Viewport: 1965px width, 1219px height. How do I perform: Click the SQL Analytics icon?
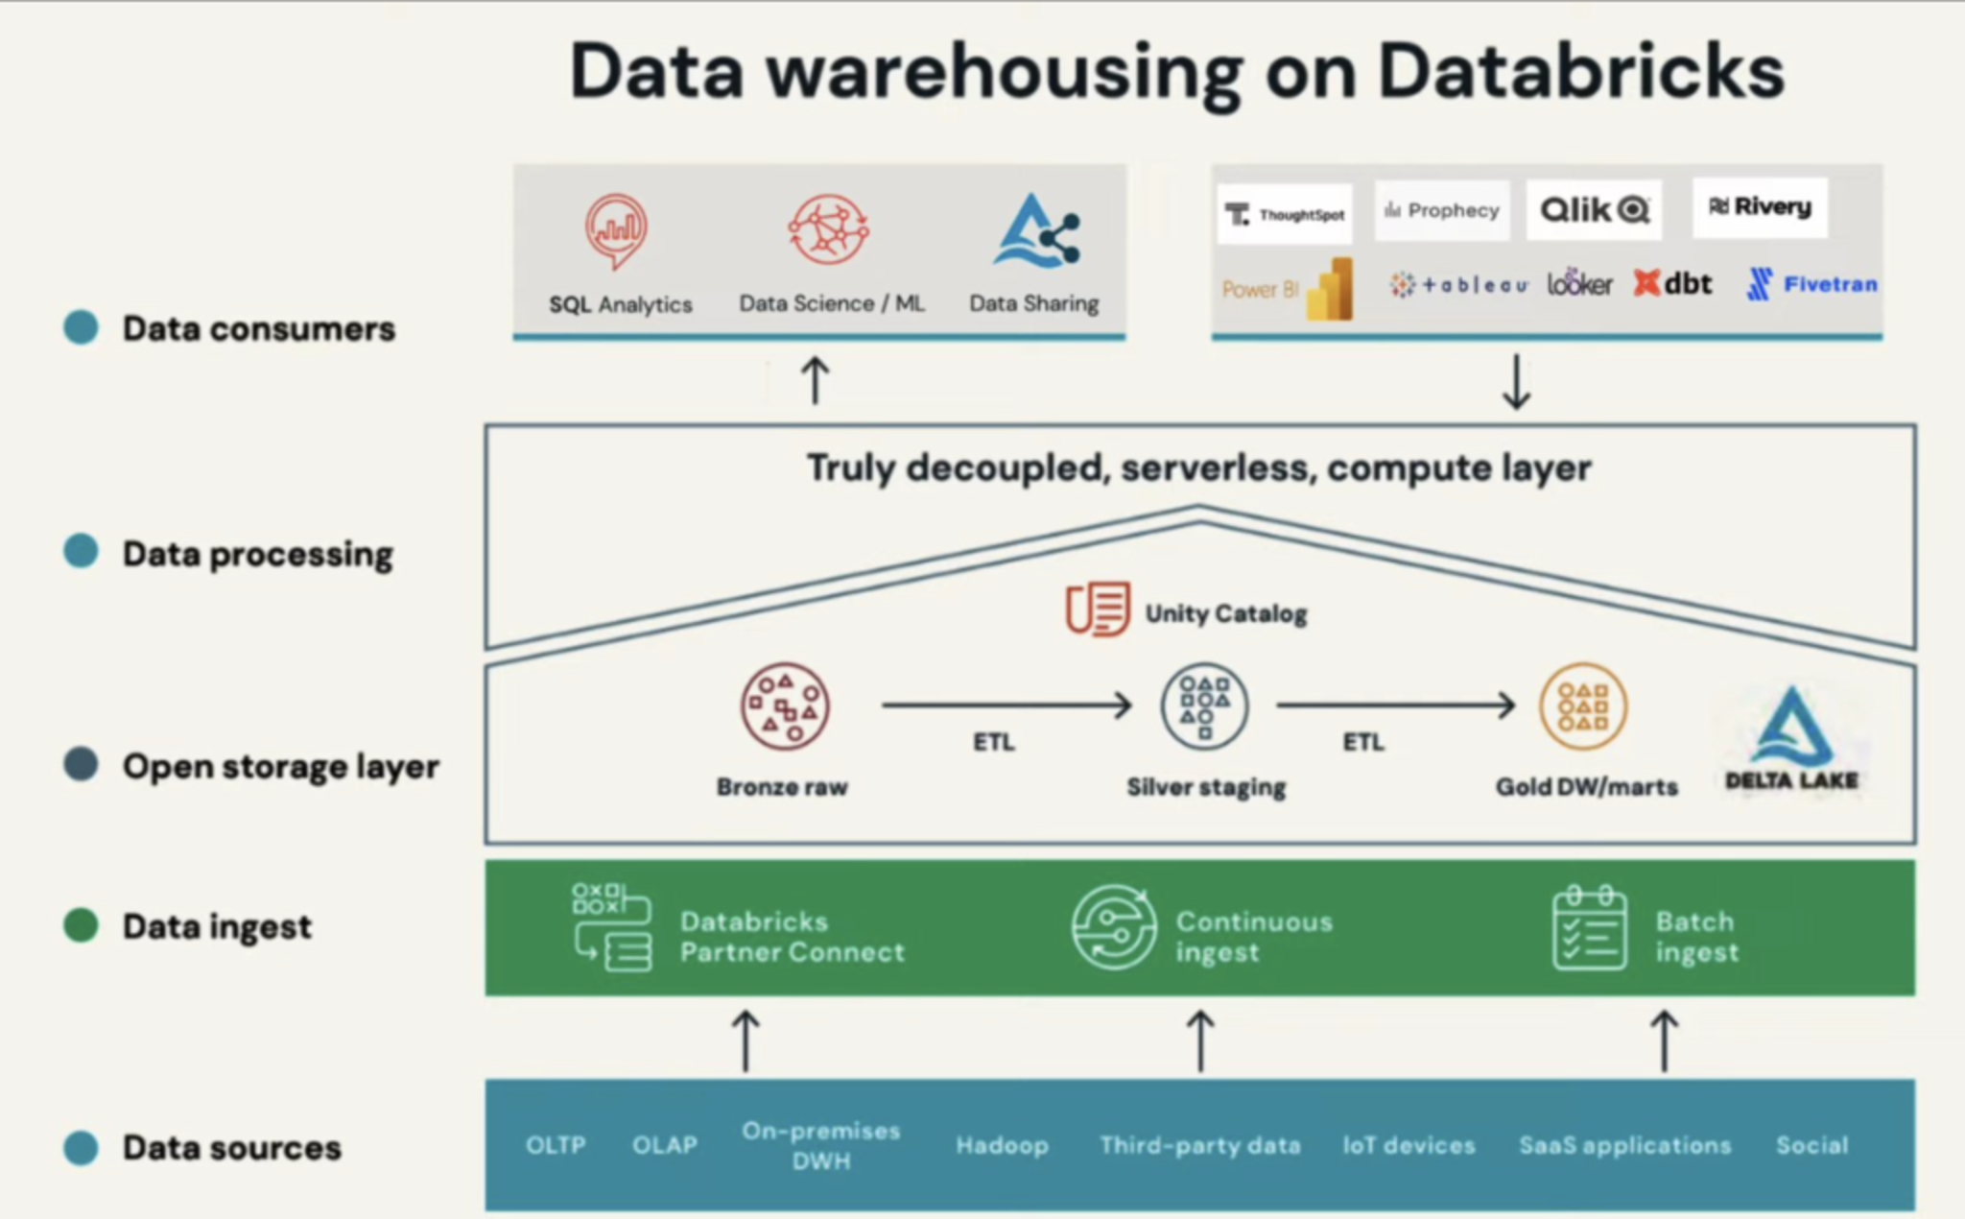pyautogui.click(x=616, y=230)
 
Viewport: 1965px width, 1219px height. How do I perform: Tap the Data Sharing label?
pyautogui.click(x=1033, y=303)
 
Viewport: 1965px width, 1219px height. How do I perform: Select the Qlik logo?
pyautogui.click(x=1594, y=209)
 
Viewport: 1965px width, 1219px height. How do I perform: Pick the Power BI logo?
pyautogui.click(x=1288, y=288)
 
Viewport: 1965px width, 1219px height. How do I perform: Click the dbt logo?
pyautogui.click(x=1672, y=284)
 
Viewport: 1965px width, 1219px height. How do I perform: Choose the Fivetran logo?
pyautogui.click(x=1811, y=284)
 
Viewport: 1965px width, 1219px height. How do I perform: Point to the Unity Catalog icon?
pyautogui.click(x=1098, y=609)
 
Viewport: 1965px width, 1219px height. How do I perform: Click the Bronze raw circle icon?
pyautogui.click(x=785, y=706)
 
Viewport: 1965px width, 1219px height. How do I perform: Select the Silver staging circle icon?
pyautogui.click(x=1204, y=706)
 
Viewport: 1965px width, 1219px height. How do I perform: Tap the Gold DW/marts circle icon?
pyautogui.click(x=1583, y=706)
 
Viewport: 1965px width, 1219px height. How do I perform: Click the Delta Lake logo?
pyautogui.click(x=1791, y=739)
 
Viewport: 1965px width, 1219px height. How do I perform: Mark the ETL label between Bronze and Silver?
pyautogui.click(x=993, y=742)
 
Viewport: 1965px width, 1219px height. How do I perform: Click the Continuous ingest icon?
pyautogui.click(x=1113, y=927)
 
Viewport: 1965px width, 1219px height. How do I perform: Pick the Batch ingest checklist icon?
pyautogui.click(x=1589, y=928)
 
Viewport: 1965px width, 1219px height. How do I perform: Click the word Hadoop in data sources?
pyautogui.click(x=1002, y=1145)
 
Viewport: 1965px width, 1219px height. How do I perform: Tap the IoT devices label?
pyautogui.click(x=1409, y=1145)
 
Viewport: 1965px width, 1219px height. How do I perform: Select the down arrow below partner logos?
pyautogui.click(x=1516, y=382)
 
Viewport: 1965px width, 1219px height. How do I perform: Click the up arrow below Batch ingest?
pyautogui.click(x=1665, y=1040)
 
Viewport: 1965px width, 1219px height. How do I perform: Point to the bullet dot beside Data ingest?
pyautogui.click(x=82, y=925)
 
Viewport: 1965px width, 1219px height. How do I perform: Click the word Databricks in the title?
pyautogui.click(x=1581, y=72)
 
